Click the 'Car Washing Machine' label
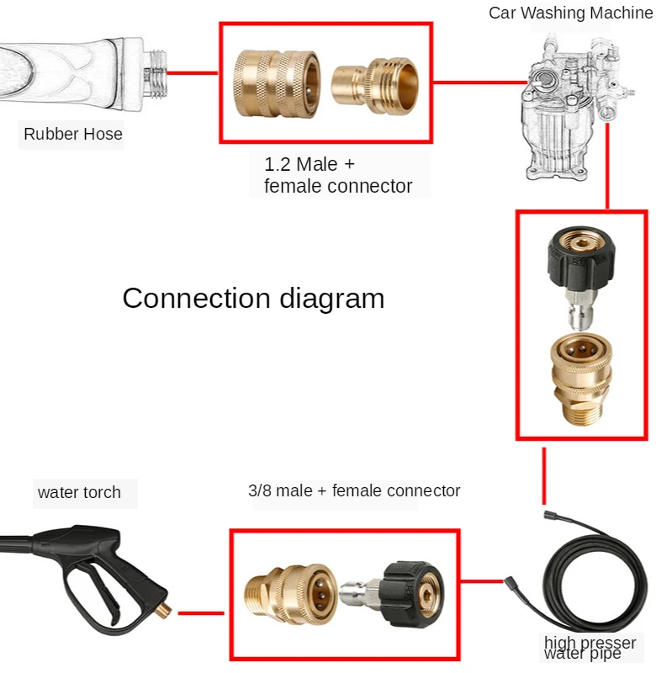570,13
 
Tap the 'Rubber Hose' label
72,134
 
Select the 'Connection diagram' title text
253,299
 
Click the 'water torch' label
79,493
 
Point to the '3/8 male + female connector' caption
354,490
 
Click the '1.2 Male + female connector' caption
338,176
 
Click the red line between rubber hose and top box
193,72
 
